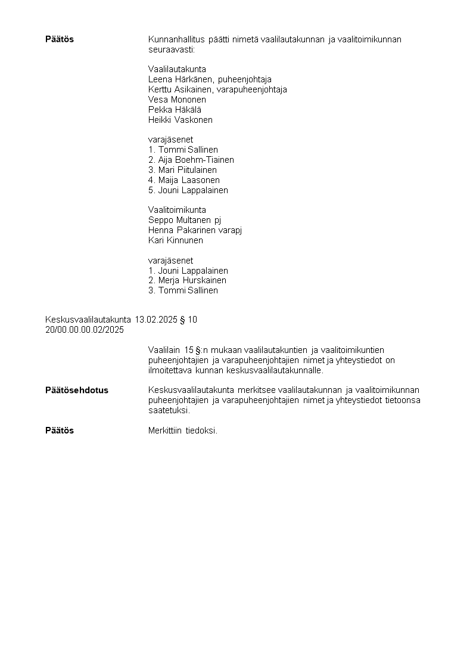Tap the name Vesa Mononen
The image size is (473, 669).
(177, 100)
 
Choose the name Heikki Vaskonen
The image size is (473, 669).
(180, 120)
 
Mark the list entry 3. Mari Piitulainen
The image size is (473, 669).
(182, 170)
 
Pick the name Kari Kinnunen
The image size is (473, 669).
(175, 240)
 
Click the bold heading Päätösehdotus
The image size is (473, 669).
(77, 391)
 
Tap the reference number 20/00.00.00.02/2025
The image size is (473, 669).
(85, 330)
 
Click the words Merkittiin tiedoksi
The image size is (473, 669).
(182, 430)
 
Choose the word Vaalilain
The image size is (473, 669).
(164, 350)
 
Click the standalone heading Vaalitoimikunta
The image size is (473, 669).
(177, 210)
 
